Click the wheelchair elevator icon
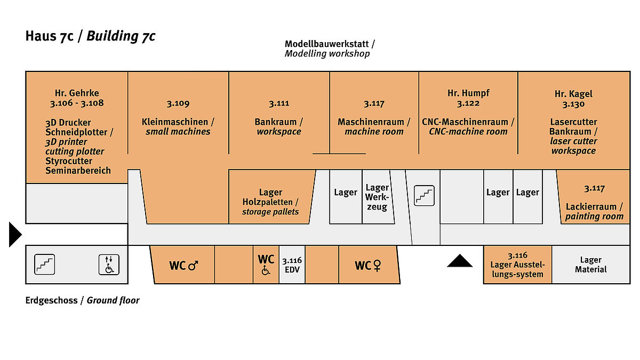[x=109, y=265]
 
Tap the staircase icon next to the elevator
[x=45, y=265]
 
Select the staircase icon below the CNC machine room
[x=425, y=195]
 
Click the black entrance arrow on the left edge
[x=15, y=235]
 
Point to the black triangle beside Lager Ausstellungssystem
[x=459, y=260]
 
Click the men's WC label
[x=183, y=265]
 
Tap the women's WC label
[x=368, y=265]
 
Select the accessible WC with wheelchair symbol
[x=266, y=265]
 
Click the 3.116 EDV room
[x=292, y=265]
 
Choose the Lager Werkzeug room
[x=377, y=197]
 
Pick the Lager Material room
[x=590, y=265]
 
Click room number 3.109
[x=178, y=103]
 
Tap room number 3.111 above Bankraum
[x=279, y=103]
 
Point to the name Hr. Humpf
[x=468, y=93]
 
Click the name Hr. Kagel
[x=573, y=94]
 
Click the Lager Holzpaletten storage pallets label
[x=270, y=202]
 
